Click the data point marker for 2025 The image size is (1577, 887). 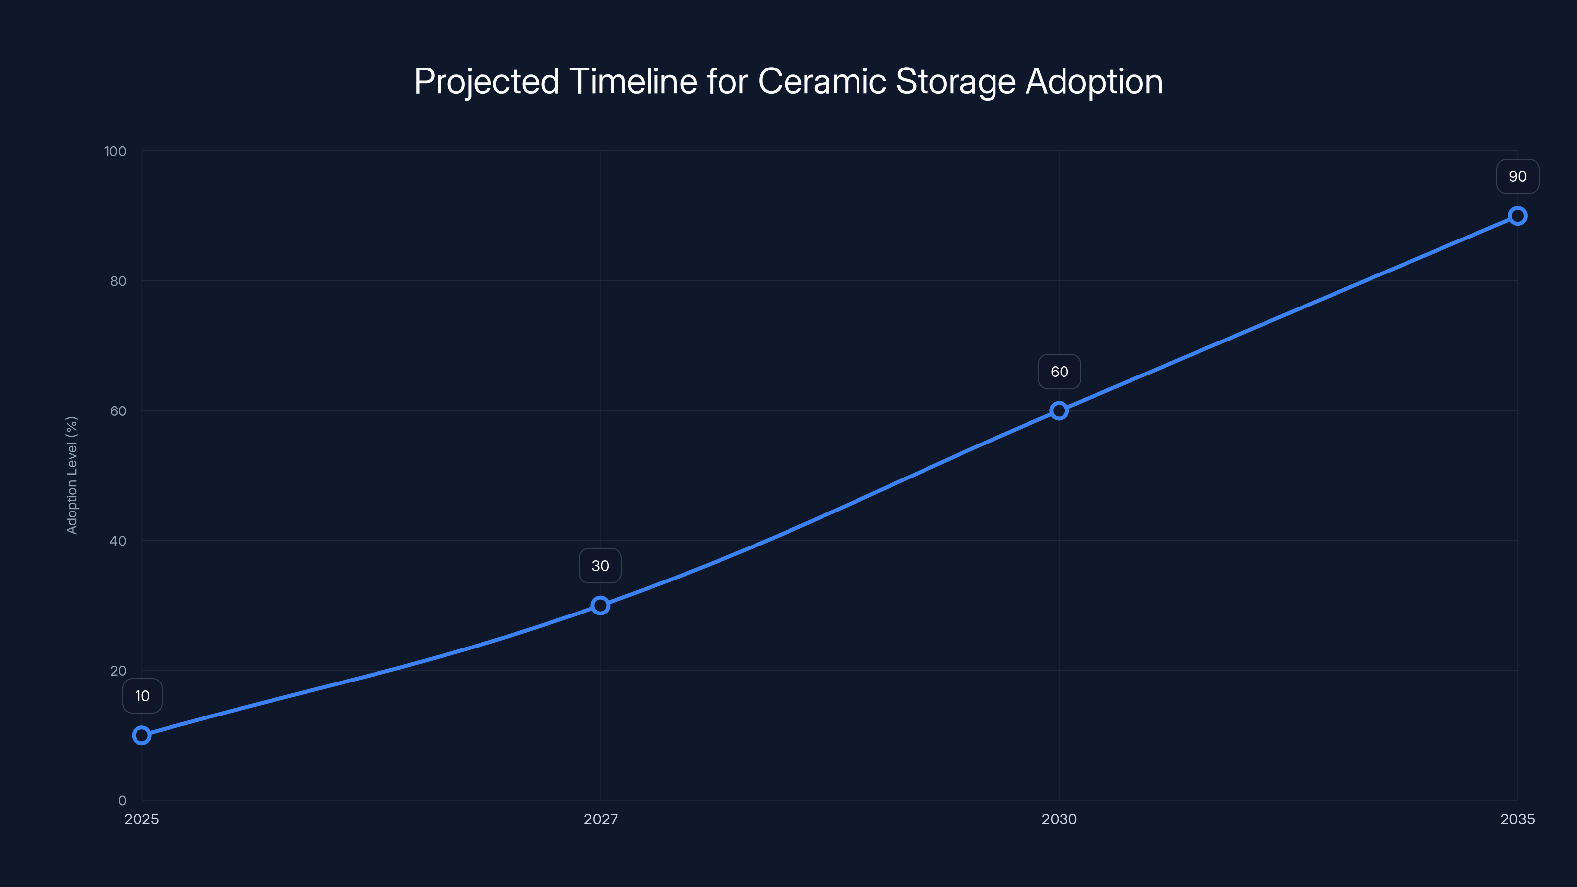[x=141, y=735]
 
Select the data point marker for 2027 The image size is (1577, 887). [x=600, y=606]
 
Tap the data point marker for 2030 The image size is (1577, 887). [x=1059, y=411]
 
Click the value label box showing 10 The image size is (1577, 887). [x=142, y=696]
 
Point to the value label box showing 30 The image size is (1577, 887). [x=600, y=566]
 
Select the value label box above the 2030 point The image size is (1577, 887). [x=1059, y=372]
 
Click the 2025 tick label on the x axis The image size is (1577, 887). [x=141, y=819]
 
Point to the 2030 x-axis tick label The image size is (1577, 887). [x=1059, y=819]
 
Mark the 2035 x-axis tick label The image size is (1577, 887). [x=1517, y=819]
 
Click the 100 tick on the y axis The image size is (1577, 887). [x=115, y=151]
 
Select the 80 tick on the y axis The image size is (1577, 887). [x=118, y=281]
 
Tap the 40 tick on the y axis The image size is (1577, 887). [x=118, y=541]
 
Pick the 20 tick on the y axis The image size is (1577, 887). [x=118, y=671]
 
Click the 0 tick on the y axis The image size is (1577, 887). [x=122, y=801]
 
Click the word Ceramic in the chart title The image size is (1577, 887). [x=822, y=81]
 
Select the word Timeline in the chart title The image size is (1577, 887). [x=633, y=81]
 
